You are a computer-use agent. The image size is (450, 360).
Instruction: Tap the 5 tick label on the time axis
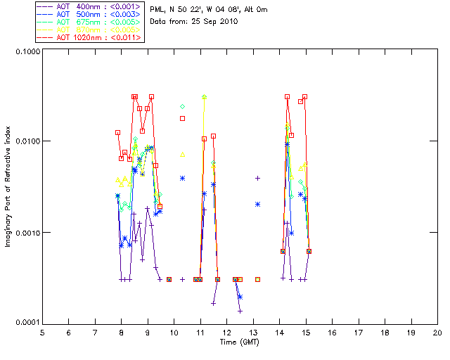pyautogui.click(x=42, y=333)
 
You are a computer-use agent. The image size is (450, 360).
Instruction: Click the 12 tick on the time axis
pyautogui.click(x=226, y=333)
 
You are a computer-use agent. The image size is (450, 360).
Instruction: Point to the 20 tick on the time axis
pyautogui.click(x=437, y=333)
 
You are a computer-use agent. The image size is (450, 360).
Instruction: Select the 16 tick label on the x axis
pyautogui.click(x=332, y=333)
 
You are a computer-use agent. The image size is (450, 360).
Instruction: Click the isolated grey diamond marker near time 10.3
pyautogui.click(x=183, y=106)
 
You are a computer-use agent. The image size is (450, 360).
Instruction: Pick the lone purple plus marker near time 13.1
pyautogui.click(x=257, y=178)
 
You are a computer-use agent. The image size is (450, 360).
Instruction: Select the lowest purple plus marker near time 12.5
pyautogui.click(x=240, y=311)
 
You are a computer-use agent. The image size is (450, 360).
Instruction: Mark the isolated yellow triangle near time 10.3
pyautogui.click(x=183, y=154)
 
